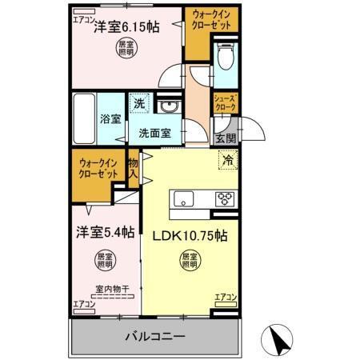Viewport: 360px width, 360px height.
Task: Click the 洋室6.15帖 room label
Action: click(126, 26)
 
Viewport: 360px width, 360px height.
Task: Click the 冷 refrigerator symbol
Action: click(226, 159)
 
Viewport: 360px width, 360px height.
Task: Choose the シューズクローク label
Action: click(224, 102)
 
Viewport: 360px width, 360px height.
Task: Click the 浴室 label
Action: click(110, 119)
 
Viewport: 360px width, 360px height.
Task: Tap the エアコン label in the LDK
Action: click(226, 298)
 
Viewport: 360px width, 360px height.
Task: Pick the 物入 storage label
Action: click(134, 169)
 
